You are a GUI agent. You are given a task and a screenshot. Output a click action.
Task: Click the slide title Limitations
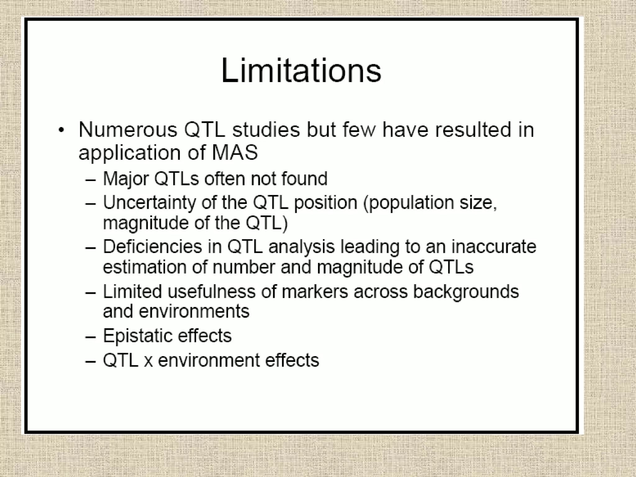pos(301,71)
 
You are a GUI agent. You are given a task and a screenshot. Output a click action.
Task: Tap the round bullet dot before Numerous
pos(62,130)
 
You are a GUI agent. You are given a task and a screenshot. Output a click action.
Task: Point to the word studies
pos(266,130)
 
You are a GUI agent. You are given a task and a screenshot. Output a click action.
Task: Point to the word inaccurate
pos(493,247)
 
